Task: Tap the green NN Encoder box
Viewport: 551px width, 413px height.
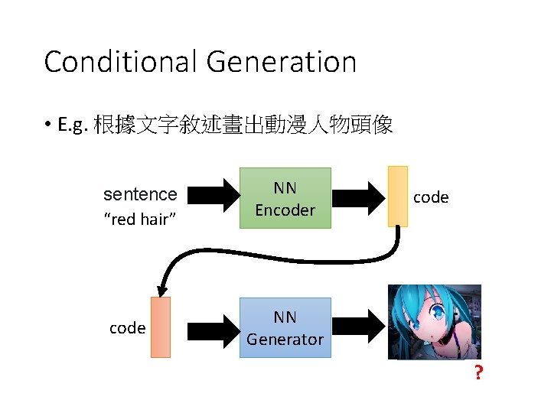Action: [285, 198]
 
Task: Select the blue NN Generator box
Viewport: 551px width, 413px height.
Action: [285, 328]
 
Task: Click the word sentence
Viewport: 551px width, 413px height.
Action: [140, 194]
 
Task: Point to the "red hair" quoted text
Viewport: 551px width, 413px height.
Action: [140, 220]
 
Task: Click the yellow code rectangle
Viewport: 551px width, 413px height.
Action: [397, 197]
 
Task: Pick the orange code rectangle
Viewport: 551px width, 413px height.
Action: [161, 327]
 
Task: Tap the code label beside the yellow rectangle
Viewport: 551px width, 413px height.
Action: [431, 197]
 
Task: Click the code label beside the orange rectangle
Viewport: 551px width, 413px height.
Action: [127, 328]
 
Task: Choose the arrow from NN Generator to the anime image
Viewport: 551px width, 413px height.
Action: [357, 328]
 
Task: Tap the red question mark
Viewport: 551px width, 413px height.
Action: [478, 374]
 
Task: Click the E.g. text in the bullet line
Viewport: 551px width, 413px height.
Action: [73, 125]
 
